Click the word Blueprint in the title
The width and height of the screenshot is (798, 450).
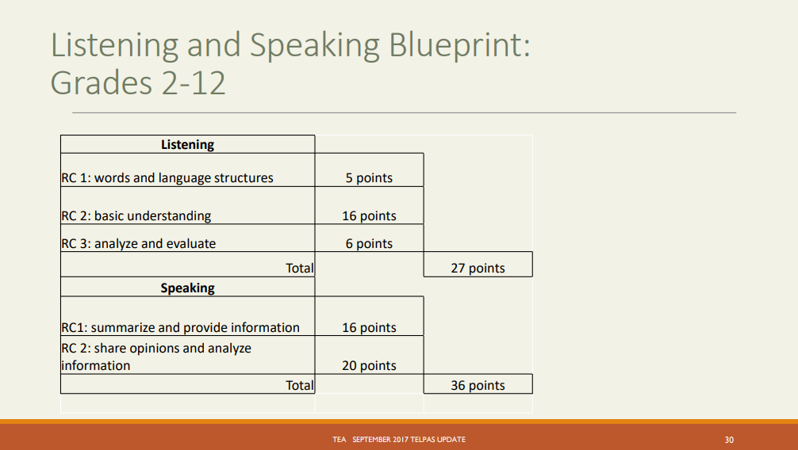pyautogui.click(x=458, y=45)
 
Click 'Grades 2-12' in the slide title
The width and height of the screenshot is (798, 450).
pyautogui.click(x=138, y=82)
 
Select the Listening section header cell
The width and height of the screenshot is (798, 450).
pyautogui.click(x=187, y=144)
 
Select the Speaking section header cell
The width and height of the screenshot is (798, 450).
pyautogui.click(x=187, y=288)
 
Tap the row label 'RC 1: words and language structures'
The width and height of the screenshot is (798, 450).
pyautogui.click(x=167, y=177)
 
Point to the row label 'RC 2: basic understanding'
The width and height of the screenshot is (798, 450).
pyautogui.click(x=136, y=215)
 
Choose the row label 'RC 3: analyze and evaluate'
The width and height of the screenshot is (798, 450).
pyautogui.click(x=139, y=243)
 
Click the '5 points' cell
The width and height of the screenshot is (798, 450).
pyautogui.click(x=369, y=177)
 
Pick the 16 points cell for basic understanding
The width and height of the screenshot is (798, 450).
pyautogui.click(x=369, y=215)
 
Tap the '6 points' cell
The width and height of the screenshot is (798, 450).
pyautogui.click(x=369, y=243)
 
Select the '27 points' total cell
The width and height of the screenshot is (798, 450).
pyautogui.click(x=478, y=268)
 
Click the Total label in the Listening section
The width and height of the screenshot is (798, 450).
pyautogui.click(x=299, y=268)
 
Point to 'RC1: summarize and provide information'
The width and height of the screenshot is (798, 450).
pyautogui.click(x=181, y=327)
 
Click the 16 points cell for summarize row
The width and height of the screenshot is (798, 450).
pyautogui.click(x=369, y=327)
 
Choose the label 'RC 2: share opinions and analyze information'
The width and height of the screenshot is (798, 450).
pyautogui.click(x=156, y=357)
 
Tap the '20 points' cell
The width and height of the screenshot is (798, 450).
pyautogui.click(x=369, y=365)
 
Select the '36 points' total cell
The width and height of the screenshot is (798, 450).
pyautogui.click(x=478, y=385)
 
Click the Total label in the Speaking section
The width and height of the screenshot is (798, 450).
pyautogui.click(x=299, y=385)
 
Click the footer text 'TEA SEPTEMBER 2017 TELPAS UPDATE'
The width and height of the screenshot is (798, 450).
pyautogui.click(x=399, y=439)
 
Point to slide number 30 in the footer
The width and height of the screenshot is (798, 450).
pyautogui.click(x=729, y=439)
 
